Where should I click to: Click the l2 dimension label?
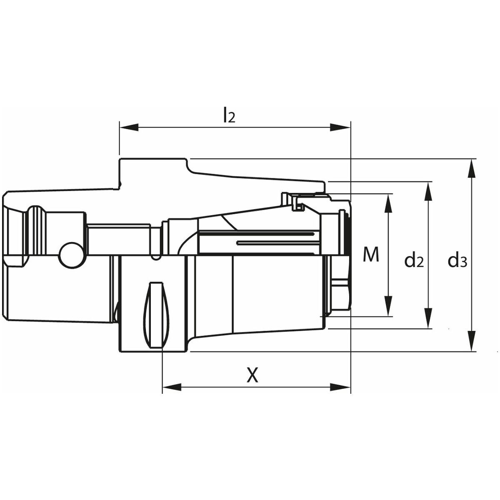pyautogui.click(x=229, y=115)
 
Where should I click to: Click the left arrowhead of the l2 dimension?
pyautogui.click(x=129, y=127)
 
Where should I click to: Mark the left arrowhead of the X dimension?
pyautogui.click(x=172, y=395)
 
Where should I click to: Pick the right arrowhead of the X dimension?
pyautogui.click(x=341, y=395)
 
